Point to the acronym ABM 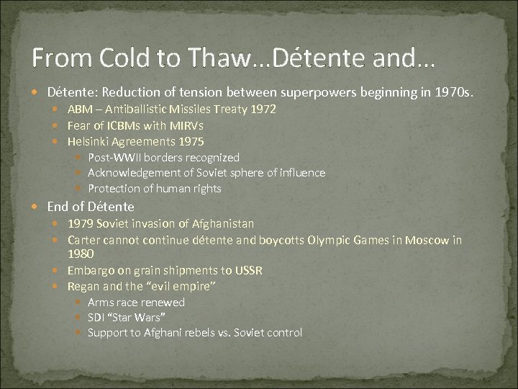pos(79,109)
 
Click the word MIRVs pos(187,125)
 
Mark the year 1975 pos(191,141)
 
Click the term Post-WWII pos(112,157)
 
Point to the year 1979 pos(80,224)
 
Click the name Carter pos(83,240)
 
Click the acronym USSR pos(247,271)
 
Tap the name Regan pos(83,287)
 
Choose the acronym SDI pos(96,318)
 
